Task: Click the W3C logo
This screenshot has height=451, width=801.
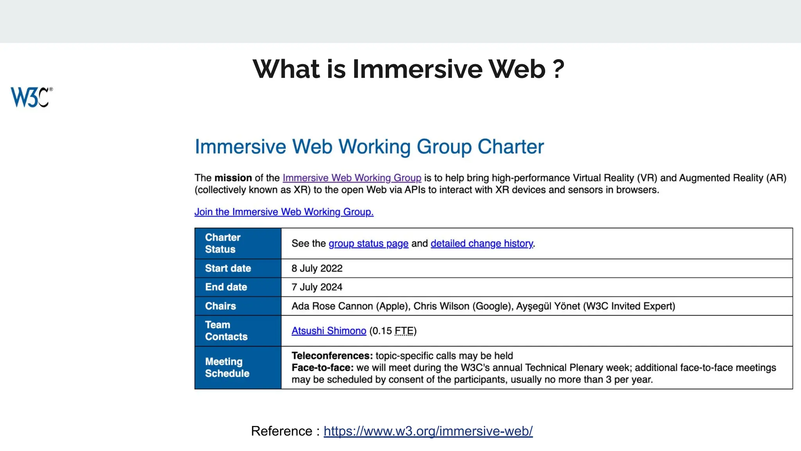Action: point(31,97)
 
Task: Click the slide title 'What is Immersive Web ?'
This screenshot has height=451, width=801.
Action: point(408,69)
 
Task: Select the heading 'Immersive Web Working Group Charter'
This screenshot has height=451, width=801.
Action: point(369,147)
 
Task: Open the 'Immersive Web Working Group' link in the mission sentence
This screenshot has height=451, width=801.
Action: point(352,178)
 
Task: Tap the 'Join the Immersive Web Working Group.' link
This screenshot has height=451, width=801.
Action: point(284,212)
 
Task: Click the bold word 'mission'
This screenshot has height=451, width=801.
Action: point(233,178)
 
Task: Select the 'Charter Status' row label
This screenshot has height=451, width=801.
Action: point(223,243)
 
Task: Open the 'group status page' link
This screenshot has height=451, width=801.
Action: point(368,244)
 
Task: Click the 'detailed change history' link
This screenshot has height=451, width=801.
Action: point(482,244)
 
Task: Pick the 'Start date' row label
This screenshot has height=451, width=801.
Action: point(228,268)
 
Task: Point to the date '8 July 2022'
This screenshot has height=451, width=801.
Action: point(317,268)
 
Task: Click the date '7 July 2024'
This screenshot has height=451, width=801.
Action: point(317,287)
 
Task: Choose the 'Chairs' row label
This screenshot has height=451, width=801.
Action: point(221,306)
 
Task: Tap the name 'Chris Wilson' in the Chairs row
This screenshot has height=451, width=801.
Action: point(441,306)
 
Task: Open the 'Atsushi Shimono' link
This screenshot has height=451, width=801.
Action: point(329,331)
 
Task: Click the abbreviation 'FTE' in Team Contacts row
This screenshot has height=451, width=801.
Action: point(404,331)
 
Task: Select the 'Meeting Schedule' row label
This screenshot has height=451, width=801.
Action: point(227,367)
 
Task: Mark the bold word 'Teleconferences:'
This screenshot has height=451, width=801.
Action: point(332,355)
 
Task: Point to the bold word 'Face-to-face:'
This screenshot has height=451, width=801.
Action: point(323,368)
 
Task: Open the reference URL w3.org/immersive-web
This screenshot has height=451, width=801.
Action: point(428,431)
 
